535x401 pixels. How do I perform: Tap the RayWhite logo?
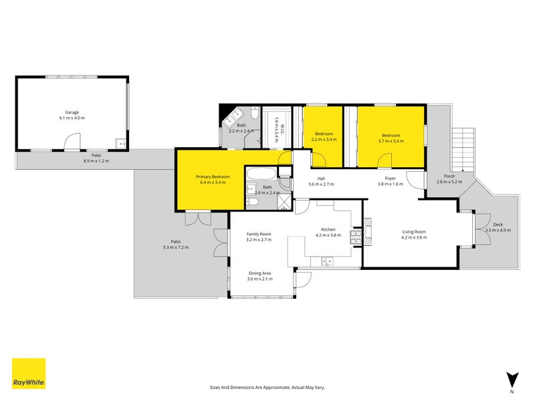(29, 374)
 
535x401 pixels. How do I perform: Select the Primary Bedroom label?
(213, 177)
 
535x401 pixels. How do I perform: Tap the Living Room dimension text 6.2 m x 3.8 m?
(413, 237)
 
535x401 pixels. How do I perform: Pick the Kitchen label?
(328, 229)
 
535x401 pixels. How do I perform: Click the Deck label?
(498, 225)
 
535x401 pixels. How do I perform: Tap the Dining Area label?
(259, 273)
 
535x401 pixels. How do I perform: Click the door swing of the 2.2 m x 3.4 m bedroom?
(320, 160)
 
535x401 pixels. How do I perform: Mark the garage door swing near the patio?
(72, 142)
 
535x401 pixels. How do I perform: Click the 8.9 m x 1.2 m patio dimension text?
(96, 161)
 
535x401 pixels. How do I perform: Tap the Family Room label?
(258, 233)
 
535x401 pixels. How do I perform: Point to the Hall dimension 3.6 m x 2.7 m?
(320, 184)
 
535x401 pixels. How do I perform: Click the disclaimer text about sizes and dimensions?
(267, 387)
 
